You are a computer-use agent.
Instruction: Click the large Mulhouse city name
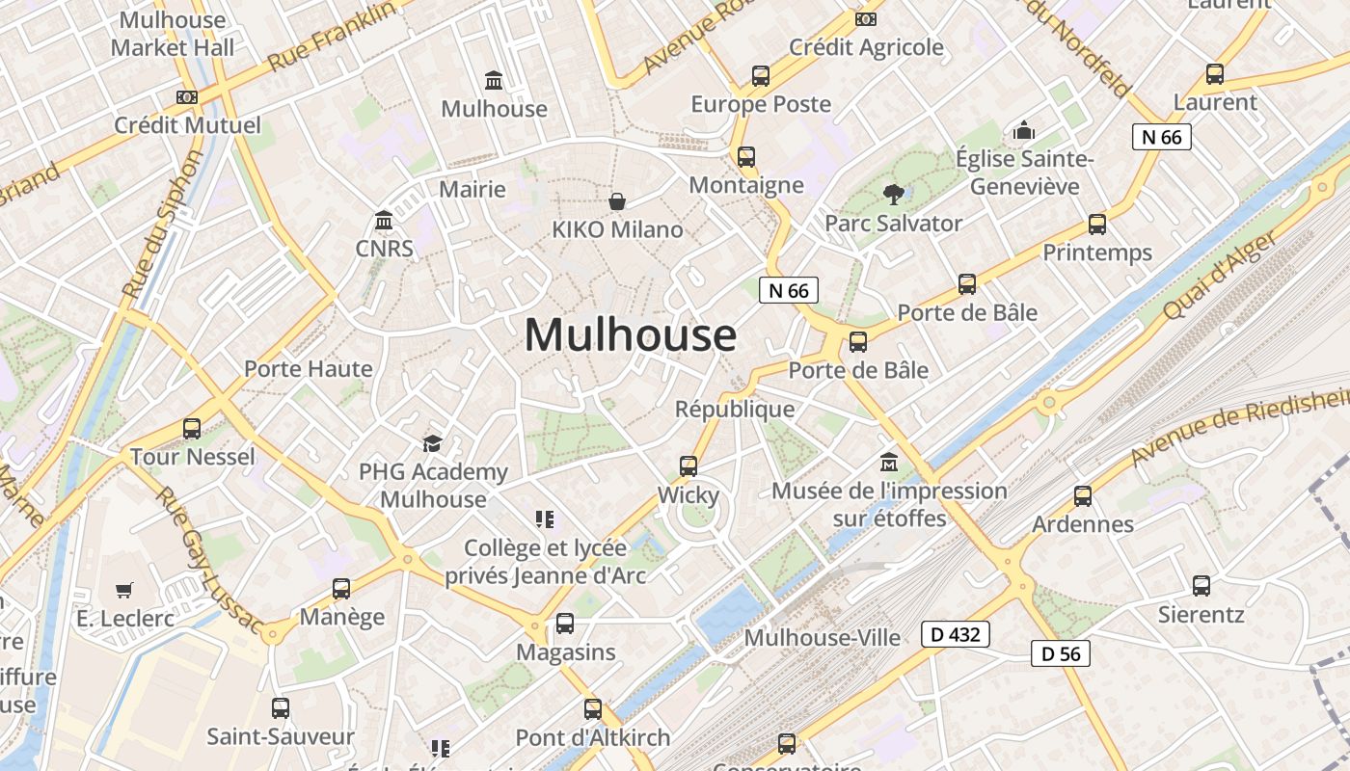click(631, 335)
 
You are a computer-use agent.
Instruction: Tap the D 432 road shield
click(955, 634)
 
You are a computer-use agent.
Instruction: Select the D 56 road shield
click(1061, 653)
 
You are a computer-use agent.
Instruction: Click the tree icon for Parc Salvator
click(893, 195)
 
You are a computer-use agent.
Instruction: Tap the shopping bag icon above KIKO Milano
click(617, 200)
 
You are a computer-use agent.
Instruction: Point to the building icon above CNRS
click(384, 221)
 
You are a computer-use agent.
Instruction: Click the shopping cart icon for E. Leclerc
click(123, 590)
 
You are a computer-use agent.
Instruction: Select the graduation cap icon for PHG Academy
click(432, 443)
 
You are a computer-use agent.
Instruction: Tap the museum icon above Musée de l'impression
click(889, 462)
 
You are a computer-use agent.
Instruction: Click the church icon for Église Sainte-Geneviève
click(1023, 130)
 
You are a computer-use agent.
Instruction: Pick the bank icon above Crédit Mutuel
click(187, 96)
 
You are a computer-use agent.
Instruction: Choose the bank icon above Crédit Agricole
click(866, 18)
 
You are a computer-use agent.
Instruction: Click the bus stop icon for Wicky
click(688, 466)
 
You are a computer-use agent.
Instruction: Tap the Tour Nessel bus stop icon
click(192, 429)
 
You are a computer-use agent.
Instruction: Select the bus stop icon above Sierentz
click(1201, 585)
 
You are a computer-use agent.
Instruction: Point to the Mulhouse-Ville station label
click(823, 637)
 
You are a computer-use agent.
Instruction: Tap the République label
click(735, 409)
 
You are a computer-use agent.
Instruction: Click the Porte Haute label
click(308, 368)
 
